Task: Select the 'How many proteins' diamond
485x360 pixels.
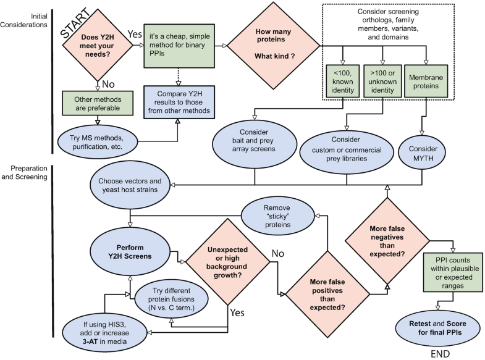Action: [273, 46]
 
